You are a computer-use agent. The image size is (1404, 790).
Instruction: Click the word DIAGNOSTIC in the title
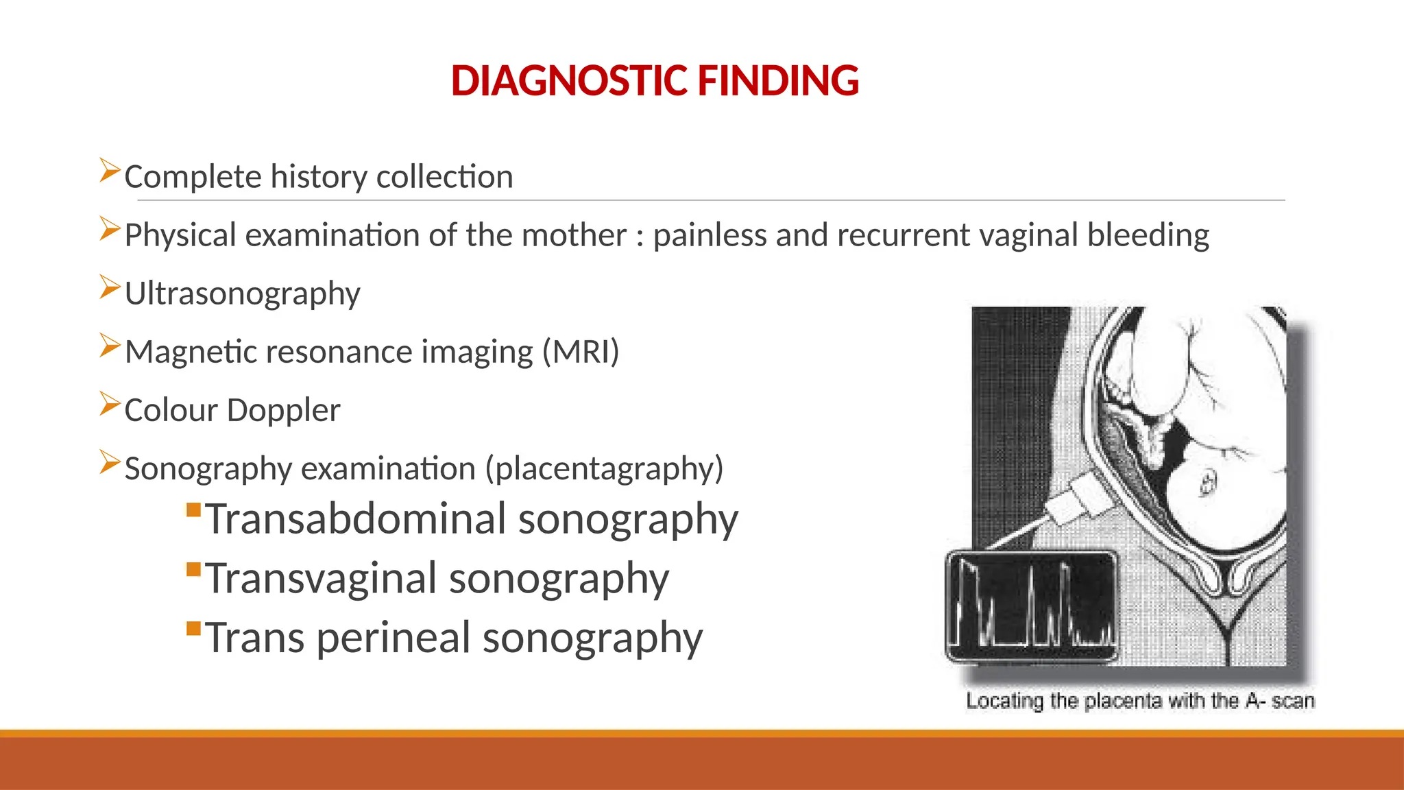(x=569, y=81)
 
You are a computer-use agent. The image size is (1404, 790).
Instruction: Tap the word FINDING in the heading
(x=778, y=81)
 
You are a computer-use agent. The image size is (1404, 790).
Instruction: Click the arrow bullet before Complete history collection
(x=109, y=170)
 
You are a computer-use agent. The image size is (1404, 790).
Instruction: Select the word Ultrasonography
(x=242, y=294)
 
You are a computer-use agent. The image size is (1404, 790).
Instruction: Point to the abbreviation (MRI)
(x=581, y=352)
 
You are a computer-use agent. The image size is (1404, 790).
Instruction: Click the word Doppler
(x=283, y=410)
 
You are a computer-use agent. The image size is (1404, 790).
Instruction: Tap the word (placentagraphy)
(x=604, y=468)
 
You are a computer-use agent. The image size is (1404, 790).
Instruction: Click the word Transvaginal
(x=321, y=578)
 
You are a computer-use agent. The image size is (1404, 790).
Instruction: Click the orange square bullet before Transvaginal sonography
(x=193, y=569)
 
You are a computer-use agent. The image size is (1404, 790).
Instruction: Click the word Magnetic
(x=191, y=352)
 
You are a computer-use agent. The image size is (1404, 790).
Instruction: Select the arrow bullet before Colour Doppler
(x=109, y=403)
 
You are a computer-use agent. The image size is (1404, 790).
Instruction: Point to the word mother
(x=574, y=235)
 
